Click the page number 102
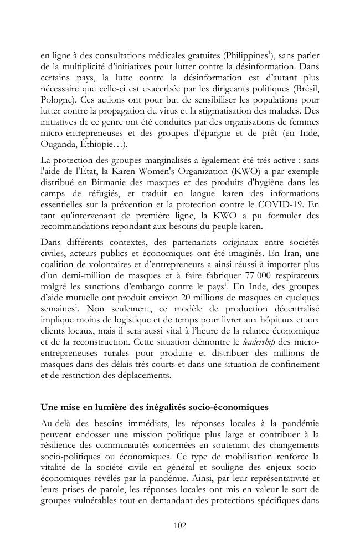pyautogui.click(x=180, y=525)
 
